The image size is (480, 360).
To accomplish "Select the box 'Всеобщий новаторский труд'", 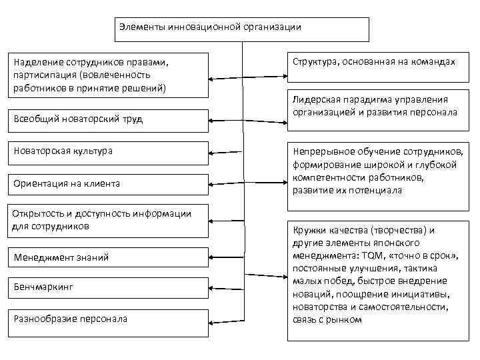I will pos(107,119).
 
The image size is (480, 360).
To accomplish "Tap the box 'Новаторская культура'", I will pos(107,151).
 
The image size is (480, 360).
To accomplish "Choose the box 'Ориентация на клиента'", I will pos(107,183).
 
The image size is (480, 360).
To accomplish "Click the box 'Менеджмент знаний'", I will pos(107,257).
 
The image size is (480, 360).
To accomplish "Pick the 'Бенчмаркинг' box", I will pos(107,287).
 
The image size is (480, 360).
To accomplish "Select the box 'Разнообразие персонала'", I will pos(107,319).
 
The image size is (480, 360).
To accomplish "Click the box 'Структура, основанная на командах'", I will pos(373,62).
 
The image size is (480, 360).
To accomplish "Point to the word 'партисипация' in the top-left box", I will pos(42,75).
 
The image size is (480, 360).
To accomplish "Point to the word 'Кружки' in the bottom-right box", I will pos(308,230).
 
